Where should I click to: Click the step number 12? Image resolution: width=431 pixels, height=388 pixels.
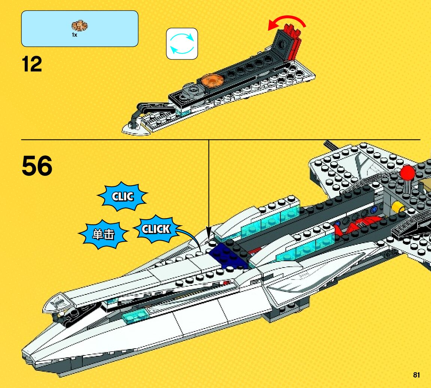pos(32,64)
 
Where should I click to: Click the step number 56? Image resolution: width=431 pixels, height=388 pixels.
pos(37,166)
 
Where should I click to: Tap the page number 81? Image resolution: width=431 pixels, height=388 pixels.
pos(416,375)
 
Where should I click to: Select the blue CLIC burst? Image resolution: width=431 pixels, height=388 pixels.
pos(122,196)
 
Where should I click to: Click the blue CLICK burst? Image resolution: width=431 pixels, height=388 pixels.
pos(156,229)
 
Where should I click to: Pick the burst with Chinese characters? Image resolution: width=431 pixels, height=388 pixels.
pos(103,235)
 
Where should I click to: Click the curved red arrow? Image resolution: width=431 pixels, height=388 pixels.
pos(287,22)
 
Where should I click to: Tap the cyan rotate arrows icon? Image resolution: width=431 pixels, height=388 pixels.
pos(182,44)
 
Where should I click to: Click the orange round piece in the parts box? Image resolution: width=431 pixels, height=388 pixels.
pos(79,26)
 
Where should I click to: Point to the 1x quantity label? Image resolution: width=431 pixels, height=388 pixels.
pos(75,35)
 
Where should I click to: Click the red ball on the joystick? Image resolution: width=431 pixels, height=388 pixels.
pos(407,173)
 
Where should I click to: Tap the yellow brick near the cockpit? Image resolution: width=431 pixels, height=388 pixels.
pos(398,207)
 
